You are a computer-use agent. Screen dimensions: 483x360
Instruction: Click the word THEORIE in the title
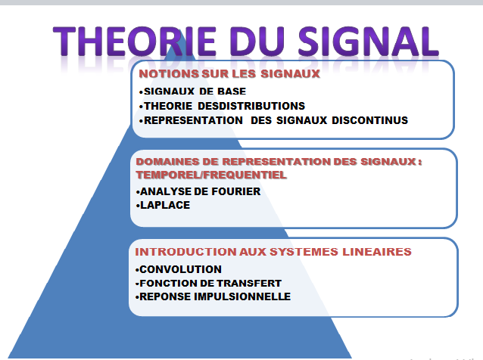tap(135, 41)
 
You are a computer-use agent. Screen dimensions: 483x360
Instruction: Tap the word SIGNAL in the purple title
tap(368, 41)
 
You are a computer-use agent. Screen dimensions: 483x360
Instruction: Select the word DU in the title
tap(257, 41)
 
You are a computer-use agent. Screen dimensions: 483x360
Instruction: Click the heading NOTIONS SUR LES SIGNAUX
tap(229, 74)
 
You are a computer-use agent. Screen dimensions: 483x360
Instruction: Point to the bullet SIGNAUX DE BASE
tap(192, 92)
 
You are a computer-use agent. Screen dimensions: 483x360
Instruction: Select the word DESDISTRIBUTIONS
tap(251, 106)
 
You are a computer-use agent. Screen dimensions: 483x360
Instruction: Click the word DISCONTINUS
tap(369, 120)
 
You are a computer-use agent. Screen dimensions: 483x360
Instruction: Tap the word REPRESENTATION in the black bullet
tap(194, 120)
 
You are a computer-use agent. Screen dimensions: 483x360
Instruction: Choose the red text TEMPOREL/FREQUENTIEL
tap(211, 175)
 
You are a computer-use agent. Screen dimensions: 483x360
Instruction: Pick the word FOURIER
tap(236, 191)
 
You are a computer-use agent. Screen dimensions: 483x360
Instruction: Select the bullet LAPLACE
tap(163, 205)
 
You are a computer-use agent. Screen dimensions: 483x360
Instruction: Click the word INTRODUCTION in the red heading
tap(185, 252)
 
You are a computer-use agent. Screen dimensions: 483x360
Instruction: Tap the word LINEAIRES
tap(377, 252)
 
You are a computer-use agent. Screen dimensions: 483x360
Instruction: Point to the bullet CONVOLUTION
tap(179, 269)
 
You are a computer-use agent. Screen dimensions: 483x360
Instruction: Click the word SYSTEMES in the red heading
tap(304, 252)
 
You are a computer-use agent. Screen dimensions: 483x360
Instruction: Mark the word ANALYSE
tap(165, 191)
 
